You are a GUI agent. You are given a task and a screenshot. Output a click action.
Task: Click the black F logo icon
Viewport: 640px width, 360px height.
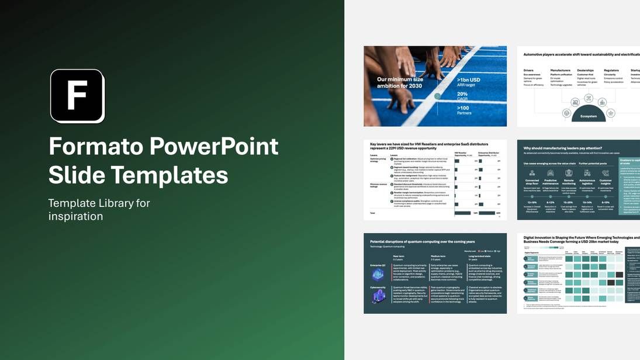tap(77, 96)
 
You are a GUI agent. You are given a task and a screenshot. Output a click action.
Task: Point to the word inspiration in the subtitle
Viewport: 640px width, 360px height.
tap(75, 216)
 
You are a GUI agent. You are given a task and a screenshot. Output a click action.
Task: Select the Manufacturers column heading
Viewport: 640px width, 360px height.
tap(560, 70)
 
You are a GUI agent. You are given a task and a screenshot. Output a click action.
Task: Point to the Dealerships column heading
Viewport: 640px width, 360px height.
tap(585, 70)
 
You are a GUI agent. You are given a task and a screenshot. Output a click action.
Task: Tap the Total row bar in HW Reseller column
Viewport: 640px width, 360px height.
tap(462, 213)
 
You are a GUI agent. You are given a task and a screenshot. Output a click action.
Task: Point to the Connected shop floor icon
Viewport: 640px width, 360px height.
tap(532, 173)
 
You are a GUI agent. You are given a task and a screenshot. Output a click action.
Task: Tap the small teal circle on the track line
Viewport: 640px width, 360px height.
tap(437, 96)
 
